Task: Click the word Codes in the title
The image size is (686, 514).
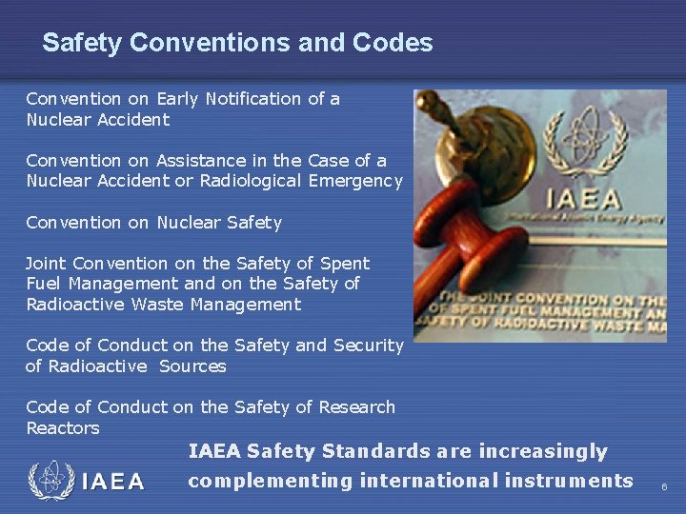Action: click(393, 43)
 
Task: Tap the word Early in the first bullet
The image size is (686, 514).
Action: click(179, 99)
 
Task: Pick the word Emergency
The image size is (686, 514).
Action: click(355, 181)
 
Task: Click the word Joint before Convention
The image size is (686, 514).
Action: click(47, 264)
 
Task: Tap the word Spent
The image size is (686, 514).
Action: click(346, 264)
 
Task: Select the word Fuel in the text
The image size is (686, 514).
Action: click(42, 284)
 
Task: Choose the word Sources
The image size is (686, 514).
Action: click(192, 366)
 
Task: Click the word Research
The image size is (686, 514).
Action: click(356, 407)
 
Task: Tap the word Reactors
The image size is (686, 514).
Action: click(62, 428)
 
